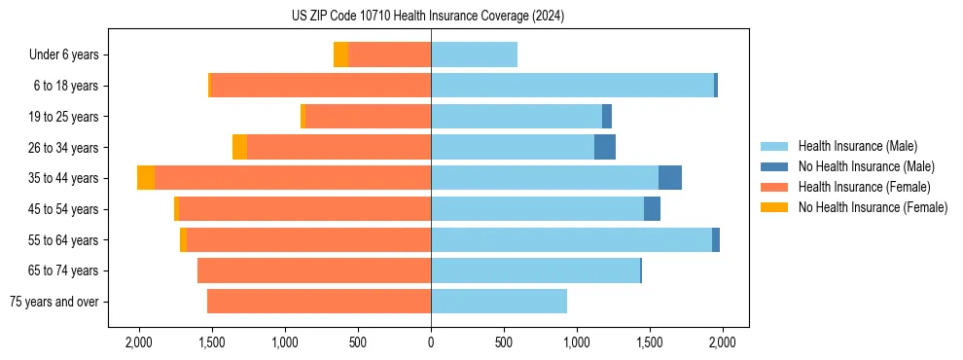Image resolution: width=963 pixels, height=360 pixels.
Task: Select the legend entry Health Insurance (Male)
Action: click(x=857, y=146)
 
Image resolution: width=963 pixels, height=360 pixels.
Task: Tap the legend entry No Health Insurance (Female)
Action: click(x=873, y=207)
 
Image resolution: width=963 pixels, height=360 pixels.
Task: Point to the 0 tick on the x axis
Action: click(x=431, y=342)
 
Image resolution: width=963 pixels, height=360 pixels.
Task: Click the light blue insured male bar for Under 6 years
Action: click(x=474, y=54)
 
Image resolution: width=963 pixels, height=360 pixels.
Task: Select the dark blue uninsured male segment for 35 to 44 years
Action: click(x=669, y=178)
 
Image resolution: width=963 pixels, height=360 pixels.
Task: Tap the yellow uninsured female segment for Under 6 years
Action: click(x=340, y=54)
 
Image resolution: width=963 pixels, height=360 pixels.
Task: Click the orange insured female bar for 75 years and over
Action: click(x=319, y=302)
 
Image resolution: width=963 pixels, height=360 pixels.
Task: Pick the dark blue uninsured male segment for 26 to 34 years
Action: click(x=604, y=147)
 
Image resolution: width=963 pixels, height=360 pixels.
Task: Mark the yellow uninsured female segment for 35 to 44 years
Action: click(x=146, y=178)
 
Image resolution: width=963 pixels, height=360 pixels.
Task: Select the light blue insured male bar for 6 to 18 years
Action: click(x=572, y=86)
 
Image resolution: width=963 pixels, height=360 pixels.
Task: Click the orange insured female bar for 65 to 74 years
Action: click(x=314, y=270)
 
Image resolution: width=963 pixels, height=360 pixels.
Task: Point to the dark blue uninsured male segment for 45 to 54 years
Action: click(x=652, y=209)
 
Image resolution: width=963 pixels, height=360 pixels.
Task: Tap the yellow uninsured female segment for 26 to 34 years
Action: click(x=239, y=147)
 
